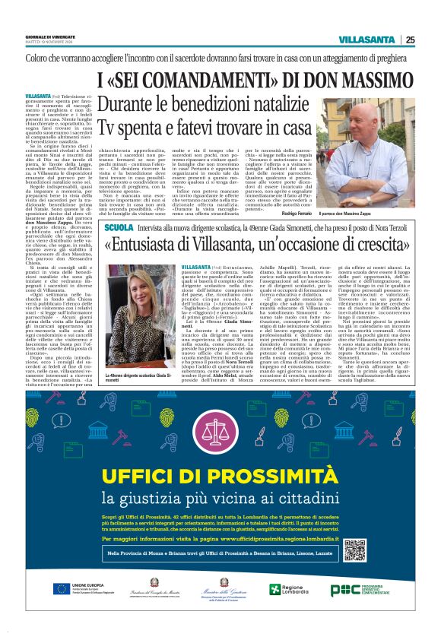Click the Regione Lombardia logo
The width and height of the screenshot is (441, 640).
[x=284, y=590]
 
